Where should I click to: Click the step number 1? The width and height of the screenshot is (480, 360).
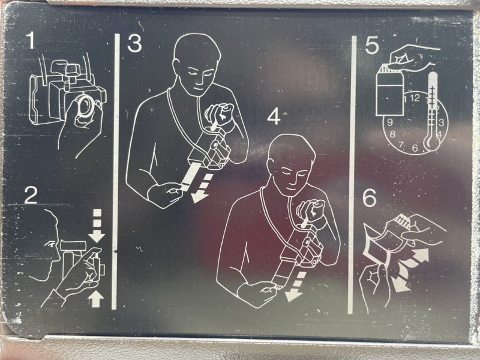point(31,40)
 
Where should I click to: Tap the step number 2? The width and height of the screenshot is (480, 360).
point(31,195)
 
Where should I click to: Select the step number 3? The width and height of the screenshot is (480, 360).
point(134,43)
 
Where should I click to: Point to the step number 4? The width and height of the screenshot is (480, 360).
point(274,116)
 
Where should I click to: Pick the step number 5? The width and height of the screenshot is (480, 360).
point(372,46)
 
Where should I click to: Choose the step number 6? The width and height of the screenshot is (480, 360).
point(370,198)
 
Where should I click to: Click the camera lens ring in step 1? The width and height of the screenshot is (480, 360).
point(86,106)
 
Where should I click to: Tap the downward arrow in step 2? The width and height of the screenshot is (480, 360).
point(97,226)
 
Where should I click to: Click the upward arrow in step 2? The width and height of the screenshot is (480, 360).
point(96,299)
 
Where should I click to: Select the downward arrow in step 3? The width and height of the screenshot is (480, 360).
point(202,189)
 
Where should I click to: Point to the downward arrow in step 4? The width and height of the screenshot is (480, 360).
point(295,287)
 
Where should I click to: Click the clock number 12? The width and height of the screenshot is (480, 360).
point(415,98)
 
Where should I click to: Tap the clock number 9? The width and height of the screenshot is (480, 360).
point(389,122)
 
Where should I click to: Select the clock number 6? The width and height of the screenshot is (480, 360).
point(415,148)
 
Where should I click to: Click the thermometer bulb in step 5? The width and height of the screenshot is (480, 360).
point(431,142)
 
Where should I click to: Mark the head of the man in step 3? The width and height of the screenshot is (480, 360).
point(197,64)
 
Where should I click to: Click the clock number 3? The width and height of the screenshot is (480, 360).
point(441,123)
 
